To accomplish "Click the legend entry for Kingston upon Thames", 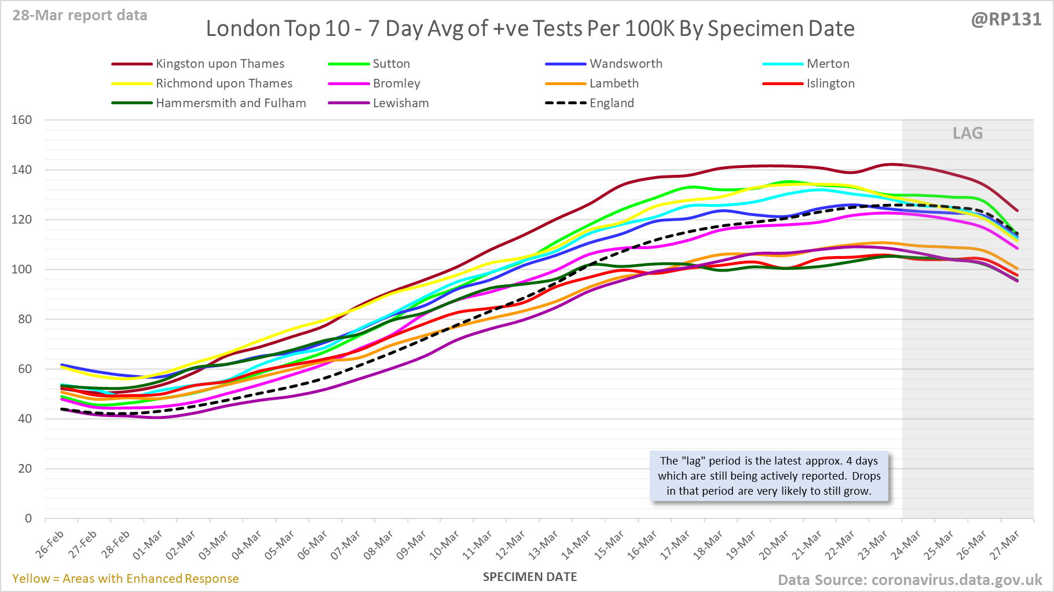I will coord(219,64).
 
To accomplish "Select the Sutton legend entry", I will coord(391,64).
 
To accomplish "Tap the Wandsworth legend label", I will coord(625,64).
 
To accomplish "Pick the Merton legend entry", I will coord(828,64).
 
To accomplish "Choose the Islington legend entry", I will coord(830,83).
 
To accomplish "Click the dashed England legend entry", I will coord(612,103).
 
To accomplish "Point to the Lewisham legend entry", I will coord(401,103).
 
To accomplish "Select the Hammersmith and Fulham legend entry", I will coord(230,103).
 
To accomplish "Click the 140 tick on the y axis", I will coord(22,170).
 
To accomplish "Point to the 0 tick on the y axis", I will coord(28,518).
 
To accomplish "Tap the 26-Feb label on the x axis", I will coord(50,545).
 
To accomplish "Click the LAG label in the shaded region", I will coord(968,133).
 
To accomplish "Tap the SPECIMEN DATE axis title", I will coord(530,577).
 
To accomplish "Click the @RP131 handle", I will coord(1006,20).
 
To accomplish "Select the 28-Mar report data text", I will coord(80,16).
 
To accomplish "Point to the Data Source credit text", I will coord(909,580).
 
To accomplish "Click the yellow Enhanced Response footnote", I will coord(126,579).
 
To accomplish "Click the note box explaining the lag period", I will coord(769,476).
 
